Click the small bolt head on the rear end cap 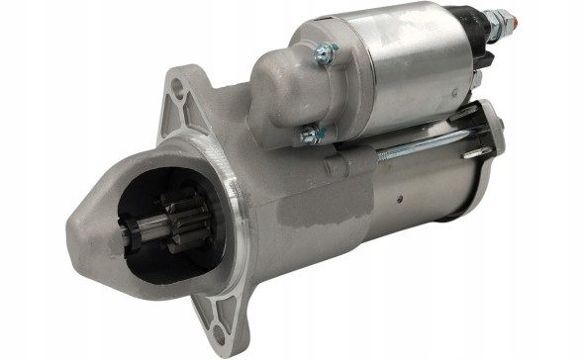500,124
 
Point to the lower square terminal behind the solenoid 476,79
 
